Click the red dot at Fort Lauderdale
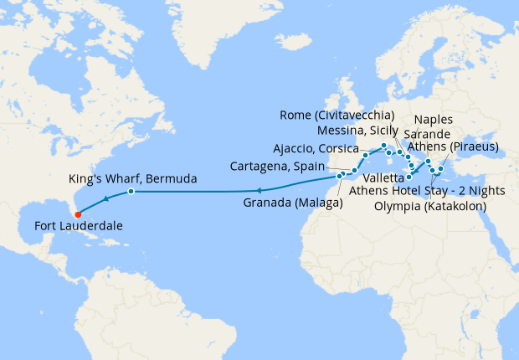click(78, 213)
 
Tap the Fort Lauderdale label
click(79, 226)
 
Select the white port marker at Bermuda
click(131, 192)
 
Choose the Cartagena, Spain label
click(282, 167)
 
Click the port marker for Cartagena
click(354, 171)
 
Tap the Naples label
click(457, 120)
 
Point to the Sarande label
click(427, 134)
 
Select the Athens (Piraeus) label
click(451, 147)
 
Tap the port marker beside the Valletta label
click(409, 177)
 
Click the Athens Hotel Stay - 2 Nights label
click(427, 191)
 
